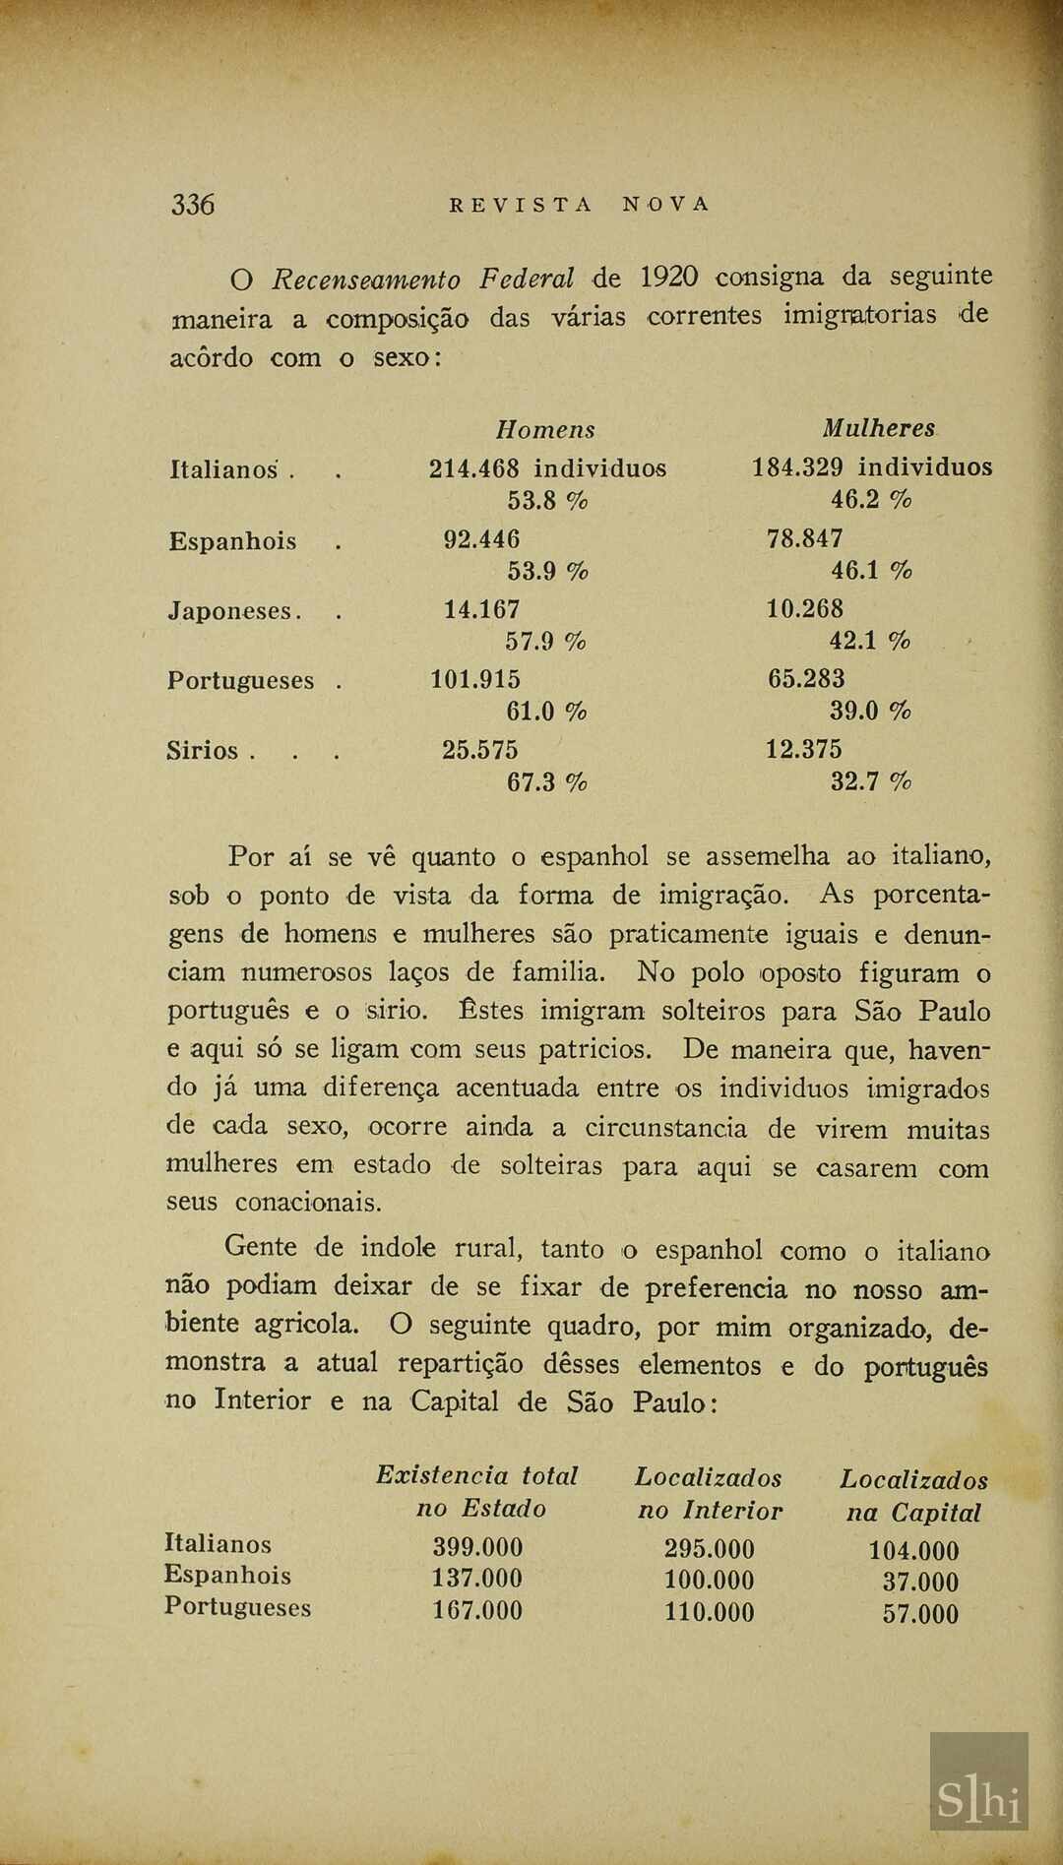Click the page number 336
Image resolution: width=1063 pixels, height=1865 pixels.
193,204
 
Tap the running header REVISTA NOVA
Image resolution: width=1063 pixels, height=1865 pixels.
579,205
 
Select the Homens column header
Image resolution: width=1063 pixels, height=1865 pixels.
545,430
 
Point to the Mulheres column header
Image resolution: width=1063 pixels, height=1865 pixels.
878,429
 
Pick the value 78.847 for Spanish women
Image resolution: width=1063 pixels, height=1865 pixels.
805,538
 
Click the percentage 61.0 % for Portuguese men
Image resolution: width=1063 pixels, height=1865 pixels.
546,711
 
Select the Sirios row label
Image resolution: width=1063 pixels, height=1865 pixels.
203,751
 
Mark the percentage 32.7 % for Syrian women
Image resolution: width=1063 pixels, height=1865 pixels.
871,782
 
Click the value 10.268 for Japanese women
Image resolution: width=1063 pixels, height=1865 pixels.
805,609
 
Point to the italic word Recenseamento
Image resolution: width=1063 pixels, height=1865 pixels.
366,280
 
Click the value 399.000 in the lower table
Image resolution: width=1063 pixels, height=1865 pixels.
477,1546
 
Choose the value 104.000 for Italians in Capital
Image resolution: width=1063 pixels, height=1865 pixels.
913,1551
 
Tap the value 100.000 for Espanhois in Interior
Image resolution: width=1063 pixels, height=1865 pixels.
709,1581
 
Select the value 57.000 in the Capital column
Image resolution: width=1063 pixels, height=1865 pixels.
920,1614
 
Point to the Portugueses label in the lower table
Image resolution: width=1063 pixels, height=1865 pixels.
237,1607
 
